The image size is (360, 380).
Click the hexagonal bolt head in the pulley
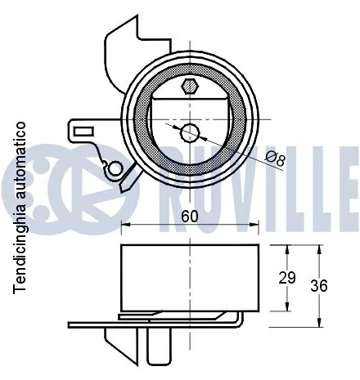[190, 87]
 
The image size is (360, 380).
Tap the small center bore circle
[190, 133]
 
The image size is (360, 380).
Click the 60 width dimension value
[190, 217]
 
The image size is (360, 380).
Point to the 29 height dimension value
[287, 278]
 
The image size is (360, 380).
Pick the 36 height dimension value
[319, 286]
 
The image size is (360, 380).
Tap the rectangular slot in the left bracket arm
[84, 132]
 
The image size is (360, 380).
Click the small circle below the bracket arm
[114, 169]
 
